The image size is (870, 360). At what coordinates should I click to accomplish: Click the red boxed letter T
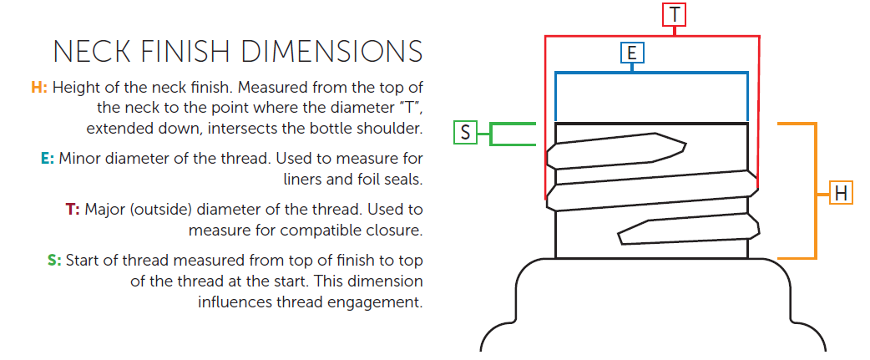click(x=674, y=14)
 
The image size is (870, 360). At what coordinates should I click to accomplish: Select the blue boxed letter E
click(x=632, y=53)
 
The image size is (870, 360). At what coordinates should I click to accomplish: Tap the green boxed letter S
click(x=465, y=133)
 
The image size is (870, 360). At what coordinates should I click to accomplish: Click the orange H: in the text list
click(x=39, y=88)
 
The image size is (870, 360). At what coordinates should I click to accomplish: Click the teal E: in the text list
click(x=47, y=159)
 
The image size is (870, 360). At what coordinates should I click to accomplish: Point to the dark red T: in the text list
click(x=73, y=210)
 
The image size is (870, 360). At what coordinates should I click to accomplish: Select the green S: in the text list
click(x=54, y=261)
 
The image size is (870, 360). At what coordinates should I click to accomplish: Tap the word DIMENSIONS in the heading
click(x=331, y=52)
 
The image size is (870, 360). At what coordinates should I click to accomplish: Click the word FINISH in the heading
click(x=185, y=52)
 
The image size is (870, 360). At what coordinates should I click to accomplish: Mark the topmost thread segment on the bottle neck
click(x=616, y=150)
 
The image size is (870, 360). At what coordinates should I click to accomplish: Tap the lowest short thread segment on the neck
click(x=688, y=230)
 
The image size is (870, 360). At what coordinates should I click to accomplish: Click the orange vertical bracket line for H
click(x=817, y=190)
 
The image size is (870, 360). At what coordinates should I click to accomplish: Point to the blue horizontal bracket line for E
click(x=651, y=73)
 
